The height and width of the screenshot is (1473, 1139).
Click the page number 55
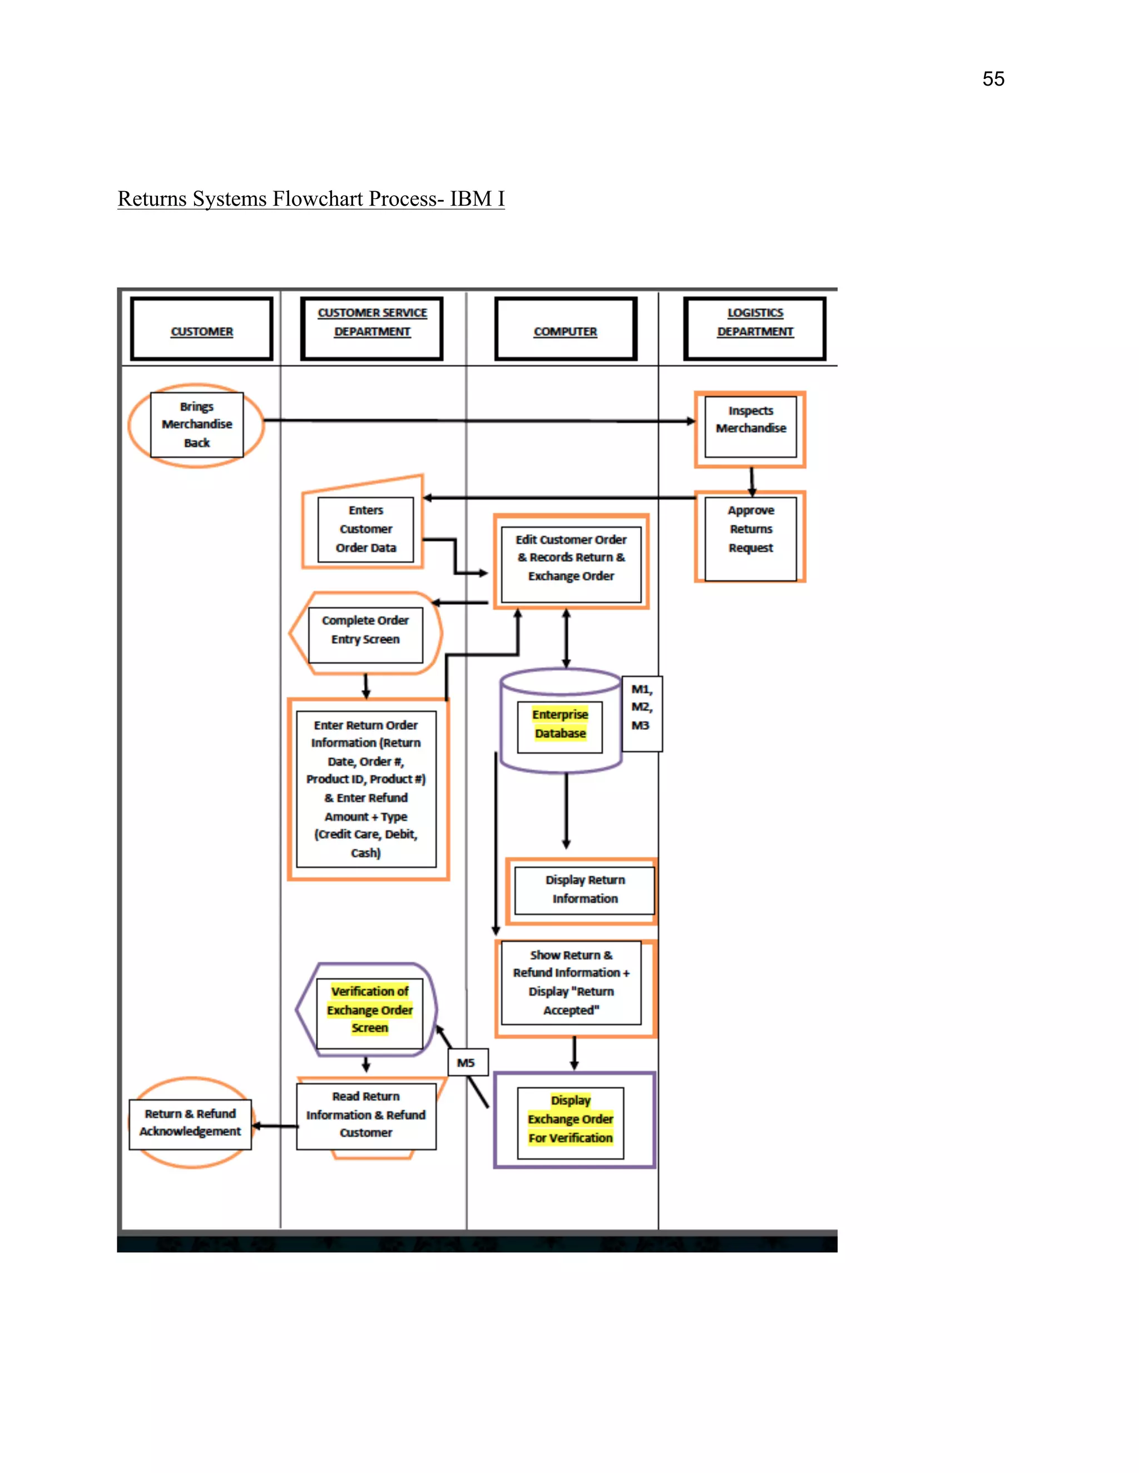993,79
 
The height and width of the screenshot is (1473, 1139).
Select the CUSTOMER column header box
202,329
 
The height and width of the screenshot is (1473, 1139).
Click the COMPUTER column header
566,329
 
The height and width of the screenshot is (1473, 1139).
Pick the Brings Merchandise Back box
196,425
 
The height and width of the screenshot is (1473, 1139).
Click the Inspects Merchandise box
750,427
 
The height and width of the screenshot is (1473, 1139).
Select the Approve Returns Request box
750,537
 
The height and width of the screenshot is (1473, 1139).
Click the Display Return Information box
585,889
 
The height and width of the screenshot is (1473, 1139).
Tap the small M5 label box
466,1062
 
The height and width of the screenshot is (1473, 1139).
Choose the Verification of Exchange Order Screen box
369,1009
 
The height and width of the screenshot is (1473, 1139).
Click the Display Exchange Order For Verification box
571,1119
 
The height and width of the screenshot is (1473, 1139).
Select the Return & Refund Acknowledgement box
190,1123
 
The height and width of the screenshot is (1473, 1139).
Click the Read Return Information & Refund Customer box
366,1115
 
